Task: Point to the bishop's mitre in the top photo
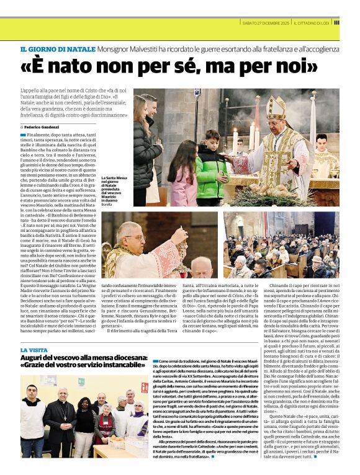click(275, 106)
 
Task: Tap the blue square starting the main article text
click(23, 134)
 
